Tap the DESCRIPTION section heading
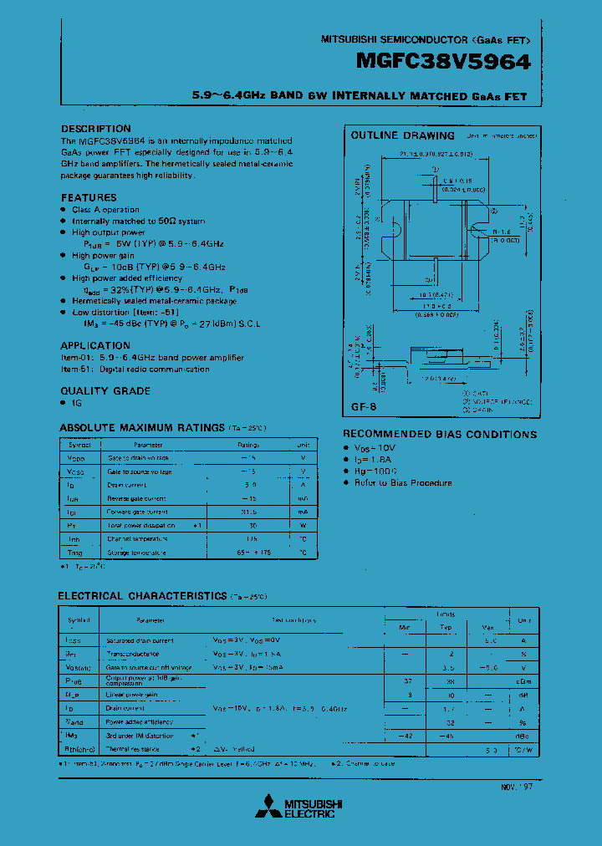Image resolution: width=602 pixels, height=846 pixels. pos(96,129)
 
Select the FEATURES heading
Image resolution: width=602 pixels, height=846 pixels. pos(89,197)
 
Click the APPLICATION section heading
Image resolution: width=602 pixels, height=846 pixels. pos(95,345)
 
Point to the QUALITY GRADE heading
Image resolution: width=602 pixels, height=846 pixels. pos(105,390)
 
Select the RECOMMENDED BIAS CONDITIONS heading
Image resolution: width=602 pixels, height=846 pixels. pos(440,435)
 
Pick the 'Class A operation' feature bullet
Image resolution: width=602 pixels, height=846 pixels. pos(105,210)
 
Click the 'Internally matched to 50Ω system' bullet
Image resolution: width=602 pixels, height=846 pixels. pos(138,221)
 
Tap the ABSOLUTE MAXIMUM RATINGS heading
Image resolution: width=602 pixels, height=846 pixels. pos(142,428)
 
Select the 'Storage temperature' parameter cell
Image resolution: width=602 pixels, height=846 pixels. pos(136,553)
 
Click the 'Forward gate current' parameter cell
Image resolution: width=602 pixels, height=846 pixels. pos(138,512)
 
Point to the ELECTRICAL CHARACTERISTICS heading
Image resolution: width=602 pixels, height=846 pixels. pos(142,596)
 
